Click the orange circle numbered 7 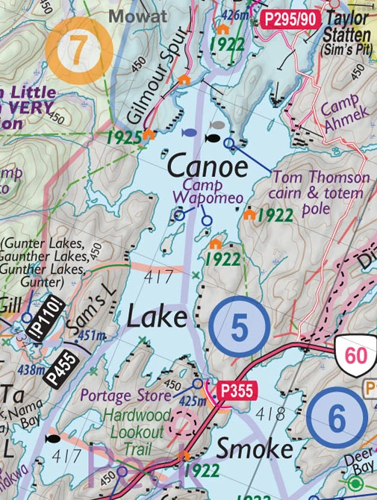click(78, 49)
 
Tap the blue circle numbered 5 click(239, 327)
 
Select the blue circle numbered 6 click(337, 419)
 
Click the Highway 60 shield click(355, 355)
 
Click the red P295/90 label click(287, 19)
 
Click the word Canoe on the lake click(207, 165)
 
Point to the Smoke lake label click(255, 449)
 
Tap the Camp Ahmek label click(345, 116)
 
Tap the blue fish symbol click(189, 133)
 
